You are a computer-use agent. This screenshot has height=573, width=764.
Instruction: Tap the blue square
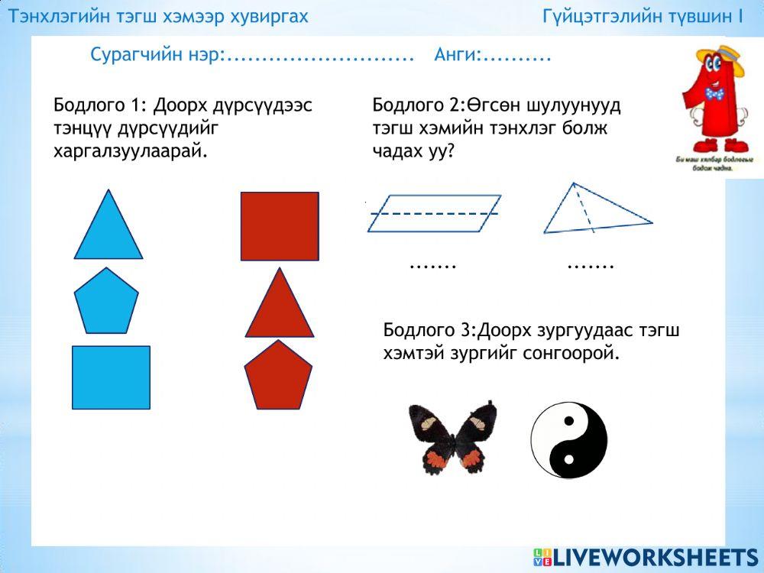pos(111,377)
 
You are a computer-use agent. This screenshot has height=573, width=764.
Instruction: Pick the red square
pos(280,226)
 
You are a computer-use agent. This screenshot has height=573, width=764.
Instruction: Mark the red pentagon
pos(278,377)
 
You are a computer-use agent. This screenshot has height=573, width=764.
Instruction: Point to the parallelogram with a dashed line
pos(434,213)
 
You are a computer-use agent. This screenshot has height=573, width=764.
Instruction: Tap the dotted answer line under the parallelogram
pos(433,266)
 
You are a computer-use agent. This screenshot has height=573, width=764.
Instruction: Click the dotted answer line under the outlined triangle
pos(591,266)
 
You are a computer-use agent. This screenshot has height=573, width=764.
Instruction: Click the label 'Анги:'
pos(458,55)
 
